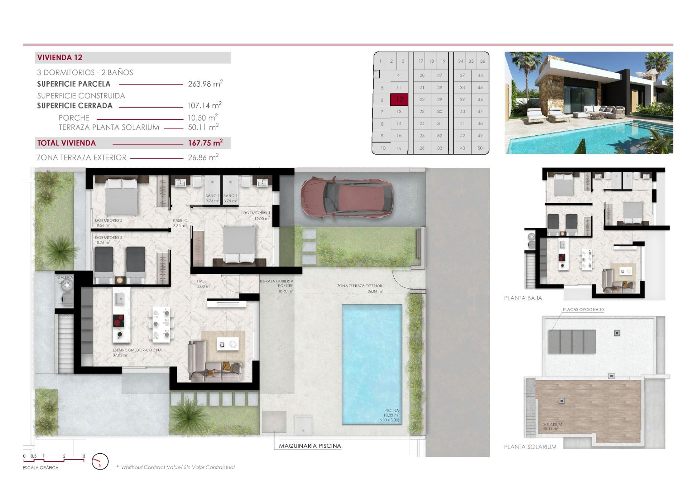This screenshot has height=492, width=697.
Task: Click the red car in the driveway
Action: pyautogui.click(x=347, y=198)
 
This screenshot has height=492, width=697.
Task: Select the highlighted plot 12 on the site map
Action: pyautogui.click(x=399, y=99)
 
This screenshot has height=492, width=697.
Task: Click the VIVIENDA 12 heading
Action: pyautogui.click(x=60, y=57)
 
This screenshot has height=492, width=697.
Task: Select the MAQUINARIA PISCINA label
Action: pyautogui.click(x=310, y=446)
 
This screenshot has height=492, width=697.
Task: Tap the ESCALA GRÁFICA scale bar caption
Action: pyautogui.click(x=40, y=468)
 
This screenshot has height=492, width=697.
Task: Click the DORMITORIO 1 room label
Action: pyautogui.click(x=257, y=213)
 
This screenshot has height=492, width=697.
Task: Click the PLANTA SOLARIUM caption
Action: pyautogui.click(x=530, y=447)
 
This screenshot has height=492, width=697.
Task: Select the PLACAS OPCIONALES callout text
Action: pyautogui.click(x=583, y=309)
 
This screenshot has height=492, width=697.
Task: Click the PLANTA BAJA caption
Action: pyautogui.click(x=523, y=298)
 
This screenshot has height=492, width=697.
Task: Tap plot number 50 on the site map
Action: pyautogui.click(x=480, y=148)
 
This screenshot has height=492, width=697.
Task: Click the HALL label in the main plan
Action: pyautogui.click(x=201, y=281)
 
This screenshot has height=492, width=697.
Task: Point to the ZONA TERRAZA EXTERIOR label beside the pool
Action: pyautogui.click(x=359, y=286)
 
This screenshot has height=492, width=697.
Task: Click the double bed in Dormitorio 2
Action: pyautogui.click(x=121, y=198)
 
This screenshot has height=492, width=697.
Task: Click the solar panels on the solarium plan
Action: pyautogui.click(x=572, y=341)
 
